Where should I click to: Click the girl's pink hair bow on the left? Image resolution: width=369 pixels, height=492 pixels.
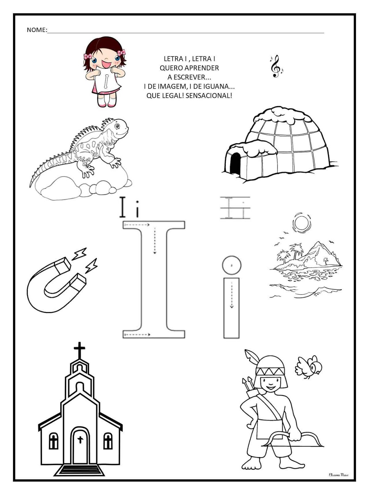pos(88,56)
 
